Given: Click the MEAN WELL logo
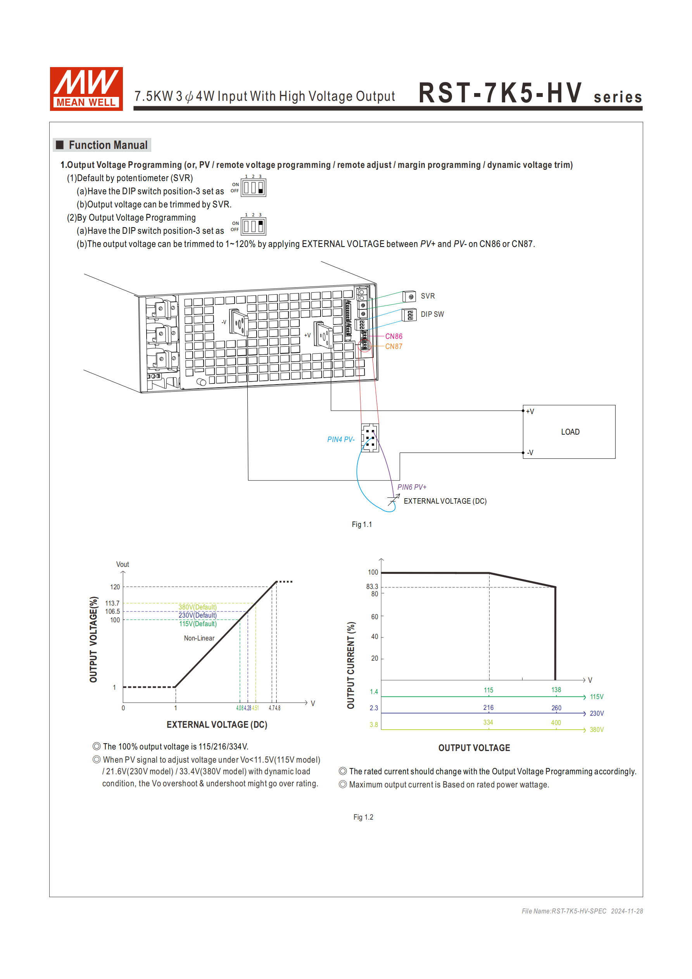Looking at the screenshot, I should tap(86, 89).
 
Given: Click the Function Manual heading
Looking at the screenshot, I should tap(108, 145).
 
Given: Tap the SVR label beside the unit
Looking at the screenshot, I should tap(427, 296).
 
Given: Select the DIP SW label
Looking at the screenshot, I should tap(432, 314).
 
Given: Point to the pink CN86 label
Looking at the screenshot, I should tap(393, 337).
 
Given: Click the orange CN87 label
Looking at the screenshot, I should tap(393, 347).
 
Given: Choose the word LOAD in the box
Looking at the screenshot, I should tap(570, 432).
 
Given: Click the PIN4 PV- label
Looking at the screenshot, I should tap(341, 439).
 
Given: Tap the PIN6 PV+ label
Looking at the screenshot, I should tap(411, 487).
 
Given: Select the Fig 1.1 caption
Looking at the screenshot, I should tap(362, 525).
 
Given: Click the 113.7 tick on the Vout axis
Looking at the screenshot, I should tap(112, 603).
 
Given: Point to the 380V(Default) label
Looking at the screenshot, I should tap(197, 607).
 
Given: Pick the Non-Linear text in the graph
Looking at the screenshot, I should tap(199, 638).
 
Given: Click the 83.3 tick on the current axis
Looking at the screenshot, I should tap(372, 587).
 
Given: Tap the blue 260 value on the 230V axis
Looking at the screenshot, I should tap(556, 708).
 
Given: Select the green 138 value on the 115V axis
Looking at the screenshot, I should tap(556, 690).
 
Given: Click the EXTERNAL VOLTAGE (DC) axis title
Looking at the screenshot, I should tap(217, 725).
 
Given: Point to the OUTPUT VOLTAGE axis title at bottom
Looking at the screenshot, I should tap(474, 748).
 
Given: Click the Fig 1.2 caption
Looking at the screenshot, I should tap(363, 817).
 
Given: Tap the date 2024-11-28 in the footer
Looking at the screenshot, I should tap(627, 911).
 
